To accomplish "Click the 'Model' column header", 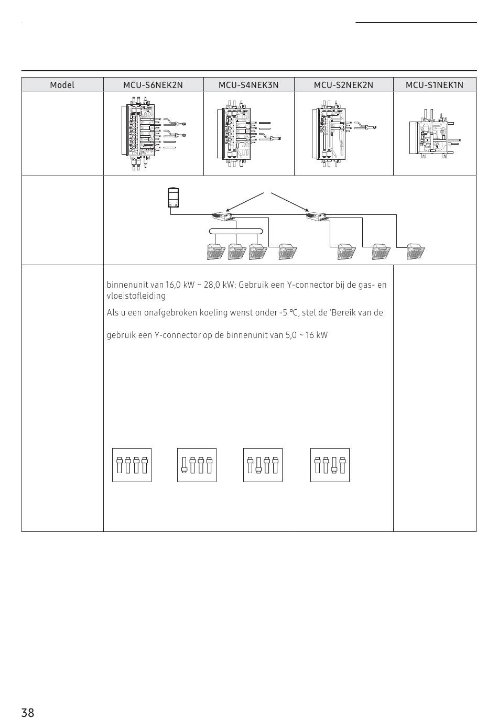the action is (x=62, y=85).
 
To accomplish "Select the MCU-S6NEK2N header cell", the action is (x=153, y=85).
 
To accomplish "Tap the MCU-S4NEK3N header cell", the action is (x=248, y=85).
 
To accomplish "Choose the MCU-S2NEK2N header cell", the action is (x=343, y=85).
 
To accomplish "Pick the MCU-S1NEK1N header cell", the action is (x=435, y=85).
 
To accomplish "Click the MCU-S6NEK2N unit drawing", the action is (x=154, y=133).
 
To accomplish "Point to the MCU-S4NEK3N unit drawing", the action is (x=249, y=134).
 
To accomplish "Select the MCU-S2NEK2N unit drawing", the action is (x=343, y=134).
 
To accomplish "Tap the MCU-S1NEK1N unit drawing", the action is (x=435, y=134).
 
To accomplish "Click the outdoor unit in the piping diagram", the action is (x=174, y=198).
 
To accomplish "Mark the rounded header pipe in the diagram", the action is (x=236, y=231).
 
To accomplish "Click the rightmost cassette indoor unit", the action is (x=416, y=252).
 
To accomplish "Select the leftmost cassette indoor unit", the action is (x=216, y=252).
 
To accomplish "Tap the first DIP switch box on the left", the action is (x=132, y=465).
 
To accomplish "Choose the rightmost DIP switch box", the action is (x=330, y=465).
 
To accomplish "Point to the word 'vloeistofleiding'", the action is (x=136, y=296).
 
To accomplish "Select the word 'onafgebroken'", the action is (x=170, y=313).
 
